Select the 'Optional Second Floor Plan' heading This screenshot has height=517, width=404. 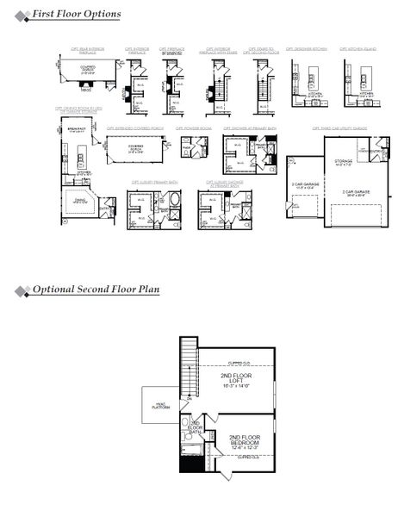[96, 290]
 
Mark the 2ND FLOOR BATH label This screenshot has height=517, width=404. [196, 426]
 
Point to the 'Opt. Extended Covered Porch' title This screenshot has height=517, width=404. [135, 128]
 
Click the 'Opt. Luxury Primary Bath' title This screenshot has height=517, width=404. [155, 182]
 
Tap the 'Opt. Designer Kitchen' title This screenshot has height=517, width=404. [306, 49]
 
